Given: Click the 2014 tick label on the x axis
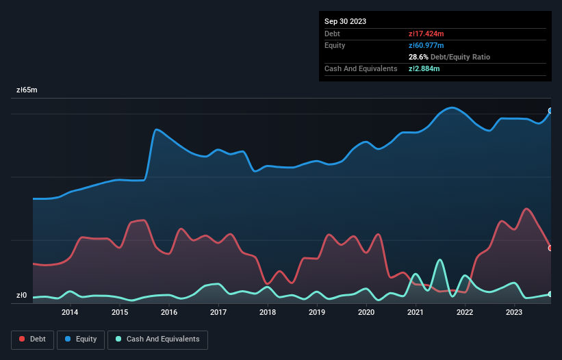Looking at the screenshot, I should pyautogui.click(x=70, y=313).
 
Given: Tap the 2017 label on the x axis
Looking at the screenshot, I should pyautogui.click(x=218, y=313).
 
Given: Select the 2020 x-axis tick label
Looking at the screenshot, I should pyautogui.click(x=366, y=313).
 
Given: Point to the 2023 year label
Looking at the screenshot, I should pyautogui.click(x=514, y=313).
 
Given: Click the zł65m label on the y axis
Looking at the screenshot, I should pyautogui.click(x=27, y=90).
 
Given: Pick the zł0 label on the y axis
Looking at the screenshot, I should pyautogui.click(x=23, y=296).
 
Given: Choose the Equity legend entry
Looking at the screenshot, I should pyautogui.click(x=81, y=339).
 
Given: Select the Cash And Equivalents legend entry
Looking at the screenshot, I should pyautogui.click(x=157, y=339).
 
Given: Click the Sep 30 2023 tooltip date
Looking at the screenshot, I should pyautogui.click(x=346, y=21).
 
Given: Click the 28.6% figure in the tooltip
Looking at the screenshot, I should pyautogui.click(x=419, y=57).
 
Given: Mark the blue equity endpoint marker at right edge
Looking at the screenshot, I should pyautogui.click(x=550, y=110).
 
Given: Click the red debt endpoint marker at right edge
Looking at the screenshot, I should pyautogui.click(x=550, y=248).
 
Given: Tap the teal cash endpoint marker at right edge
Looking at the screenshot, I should pyautogui.click(x=550, y=294).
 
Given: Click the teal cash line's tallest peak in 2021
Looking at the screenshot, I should pyautogui.click(x=439, y=260).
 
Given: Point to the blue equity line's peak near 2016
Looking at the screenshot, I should pyautogui.click(x=157, y=129).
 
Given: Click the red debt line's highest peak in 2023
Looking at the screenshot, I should pyautogui.click(x=526, y=209).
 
